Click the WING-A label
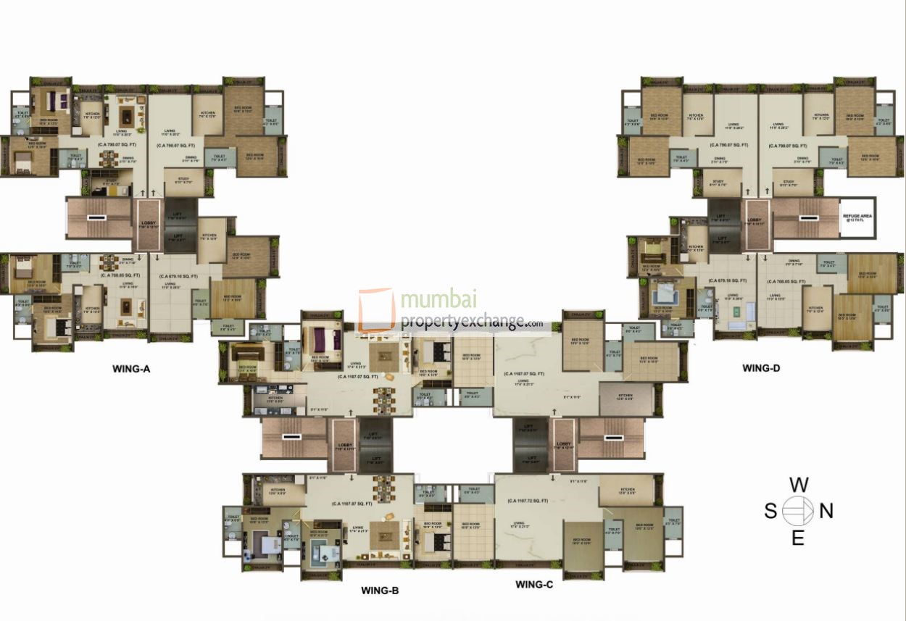click(x=130, y=369)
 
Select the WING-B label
click(x=380, y=591)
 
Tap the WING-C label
click(x=533, y=584)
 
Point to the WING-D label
click(x=761, y=368)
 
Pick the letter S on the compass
click(x=770, y=512)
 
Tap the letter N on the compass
click(x=826, y=512)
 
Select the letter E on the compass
click(x=798, y=538)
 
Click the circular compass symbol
click(x=798, y=511)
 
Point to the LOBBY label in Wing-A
click(x=148, y=224)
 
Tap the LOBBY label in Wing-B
click(x=344, y=445)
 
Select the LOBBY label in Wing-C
click(x=564, y=445)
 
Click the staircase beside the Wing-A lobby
click(x=97, y=217)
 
